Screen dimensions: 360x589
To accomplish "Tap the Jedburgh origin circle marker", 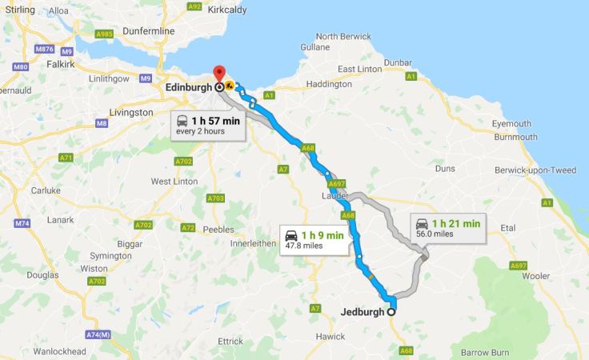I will tap(391, 312).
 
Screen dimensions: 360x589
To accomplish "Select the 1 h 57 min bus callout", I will tap(207, 125).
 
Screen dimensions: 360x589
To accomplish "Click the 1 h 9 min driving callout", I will tap(315, 240).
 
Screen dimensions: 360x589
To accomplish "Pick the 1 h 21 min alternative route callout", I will tap(447, 228).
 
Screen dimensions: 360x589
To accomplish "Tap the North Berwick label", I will tap(343, 37).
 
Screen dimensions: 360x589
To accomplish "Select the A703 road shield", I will tap(215, 198).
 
